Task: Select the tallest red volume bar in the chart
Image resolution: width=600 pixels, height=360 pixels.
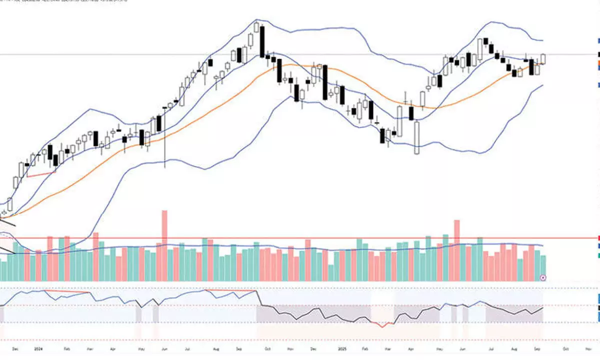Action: (164, 245)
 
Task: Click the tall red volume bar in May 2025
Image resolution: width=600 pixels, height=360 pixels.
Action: (456, 250)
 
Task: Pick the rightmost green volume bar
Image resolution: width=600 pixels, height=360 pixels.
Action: (543, 267)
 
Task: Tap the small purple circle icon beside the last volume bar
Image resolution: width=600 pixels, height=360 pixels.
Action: (543, 277)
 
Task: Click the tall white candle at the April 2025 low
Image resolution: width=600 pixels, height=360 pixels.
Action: (416, 137)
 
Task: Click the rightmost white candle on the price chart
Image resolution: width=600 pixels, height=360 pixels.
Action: (543, 59)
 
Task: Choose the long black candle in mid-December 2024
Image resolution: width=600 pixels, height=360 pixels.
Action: (325, 82)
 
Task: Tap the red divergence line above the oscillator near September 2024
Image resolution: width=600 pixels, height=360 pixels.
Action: (230, 289)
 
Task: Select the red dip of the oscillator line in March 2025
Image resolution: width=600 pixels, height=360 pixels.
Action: (382, 325)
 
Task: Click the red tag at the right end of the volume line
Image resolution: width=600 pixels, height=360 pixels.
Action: (598, 238)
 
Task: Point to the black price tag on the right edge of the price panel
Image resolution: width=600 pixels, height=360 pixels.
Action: (598, 53)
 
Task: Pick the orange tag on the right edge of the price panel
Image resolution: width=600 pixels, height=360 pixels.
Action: (598, 62)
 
